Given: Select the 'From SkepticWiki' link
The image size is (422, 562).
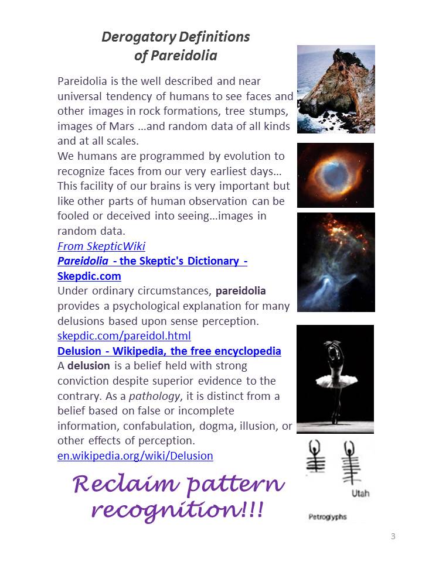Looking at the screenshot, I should (x=101, y=246).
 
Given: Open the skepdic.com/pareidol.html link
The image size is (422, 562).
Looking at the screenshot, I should (x=124, y=336).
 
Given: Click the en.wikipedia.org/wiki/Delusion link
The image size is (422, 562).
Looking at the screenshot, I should (x=135, y=455).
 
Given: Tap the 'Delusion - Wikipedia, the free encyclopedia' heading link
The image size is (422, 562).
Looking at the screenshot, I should (x=169, y=351).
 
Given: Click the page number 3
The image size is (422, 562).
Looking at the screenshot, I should (x=393, y=536).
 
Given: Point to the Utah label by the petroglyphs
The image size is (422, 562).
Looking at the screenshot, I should (x=360, y=494).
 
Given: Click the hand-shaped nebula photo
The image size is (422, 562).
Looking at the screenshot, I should (x=335, y=262).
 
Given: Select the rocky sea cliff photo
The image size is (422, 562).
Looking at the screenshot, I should (x=336, y=89).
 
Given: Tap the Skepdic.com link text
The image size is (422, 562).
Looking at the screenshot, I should (x=89, y=276).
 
